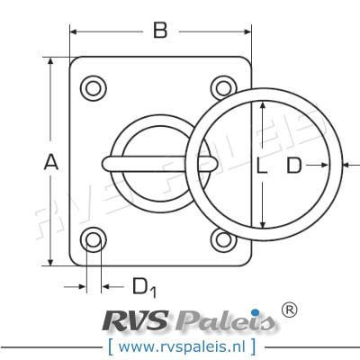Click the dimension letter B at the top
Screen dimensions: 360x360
pyautogui.click(x=159, y=31)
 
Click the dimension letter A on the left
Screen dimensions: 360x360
pyautogui.click(x=51, y=163)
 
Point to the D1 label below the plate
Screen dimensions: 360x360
pyautogui.click(x=144, y=287)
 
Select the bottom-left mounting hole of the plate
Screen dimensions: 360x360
pyautogui.click(x=93, y=239)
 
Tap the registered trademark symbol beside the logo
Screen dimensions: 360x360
pyautogui.click(x=290, y=310)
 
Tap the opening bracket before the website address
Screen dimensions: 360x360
pyautogui.click(x=110, y=345)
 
